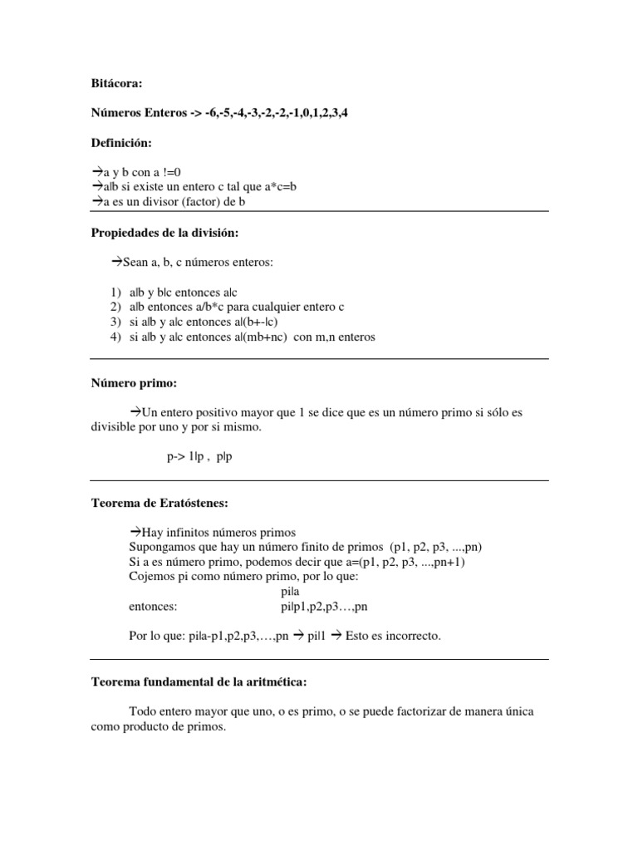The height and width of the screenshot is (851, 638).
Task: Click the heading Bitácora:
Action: click(116, 83)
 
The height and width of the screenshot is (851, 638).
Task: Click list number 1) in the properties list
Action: click(115, 293)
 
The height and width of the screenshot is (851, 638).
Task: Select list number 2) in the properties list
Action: click(115, 307)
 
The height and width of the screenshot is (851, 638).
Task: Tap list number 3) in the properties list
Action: click(115, 322)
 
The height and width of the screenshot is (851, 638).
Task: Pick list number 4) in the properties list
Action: click(115, 337)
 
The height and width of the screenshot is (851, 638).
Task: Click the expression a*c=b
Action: click(277, 187)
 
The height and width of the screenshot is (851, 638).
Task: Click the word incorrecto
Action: click(413, 636)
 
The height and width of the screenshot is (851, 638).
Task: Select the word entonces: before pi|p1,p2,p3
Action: click(154, 607)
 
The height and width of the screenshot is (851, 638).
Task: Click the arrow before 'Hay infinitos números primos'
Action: click(136, 532)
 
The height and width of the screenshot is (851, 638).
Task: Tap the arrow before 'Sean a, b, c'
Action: click(116, 262)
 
